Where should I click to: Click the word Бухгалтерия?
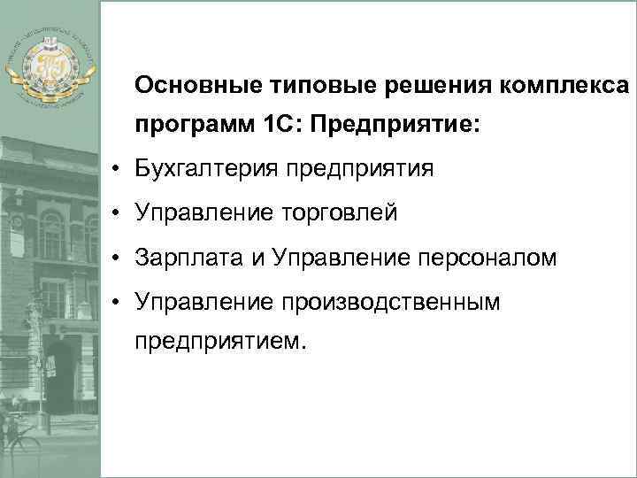point(206,168)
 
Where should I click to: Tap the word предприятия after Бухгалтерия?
point(358,168)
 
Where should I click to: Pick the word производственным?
point(393,304)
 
